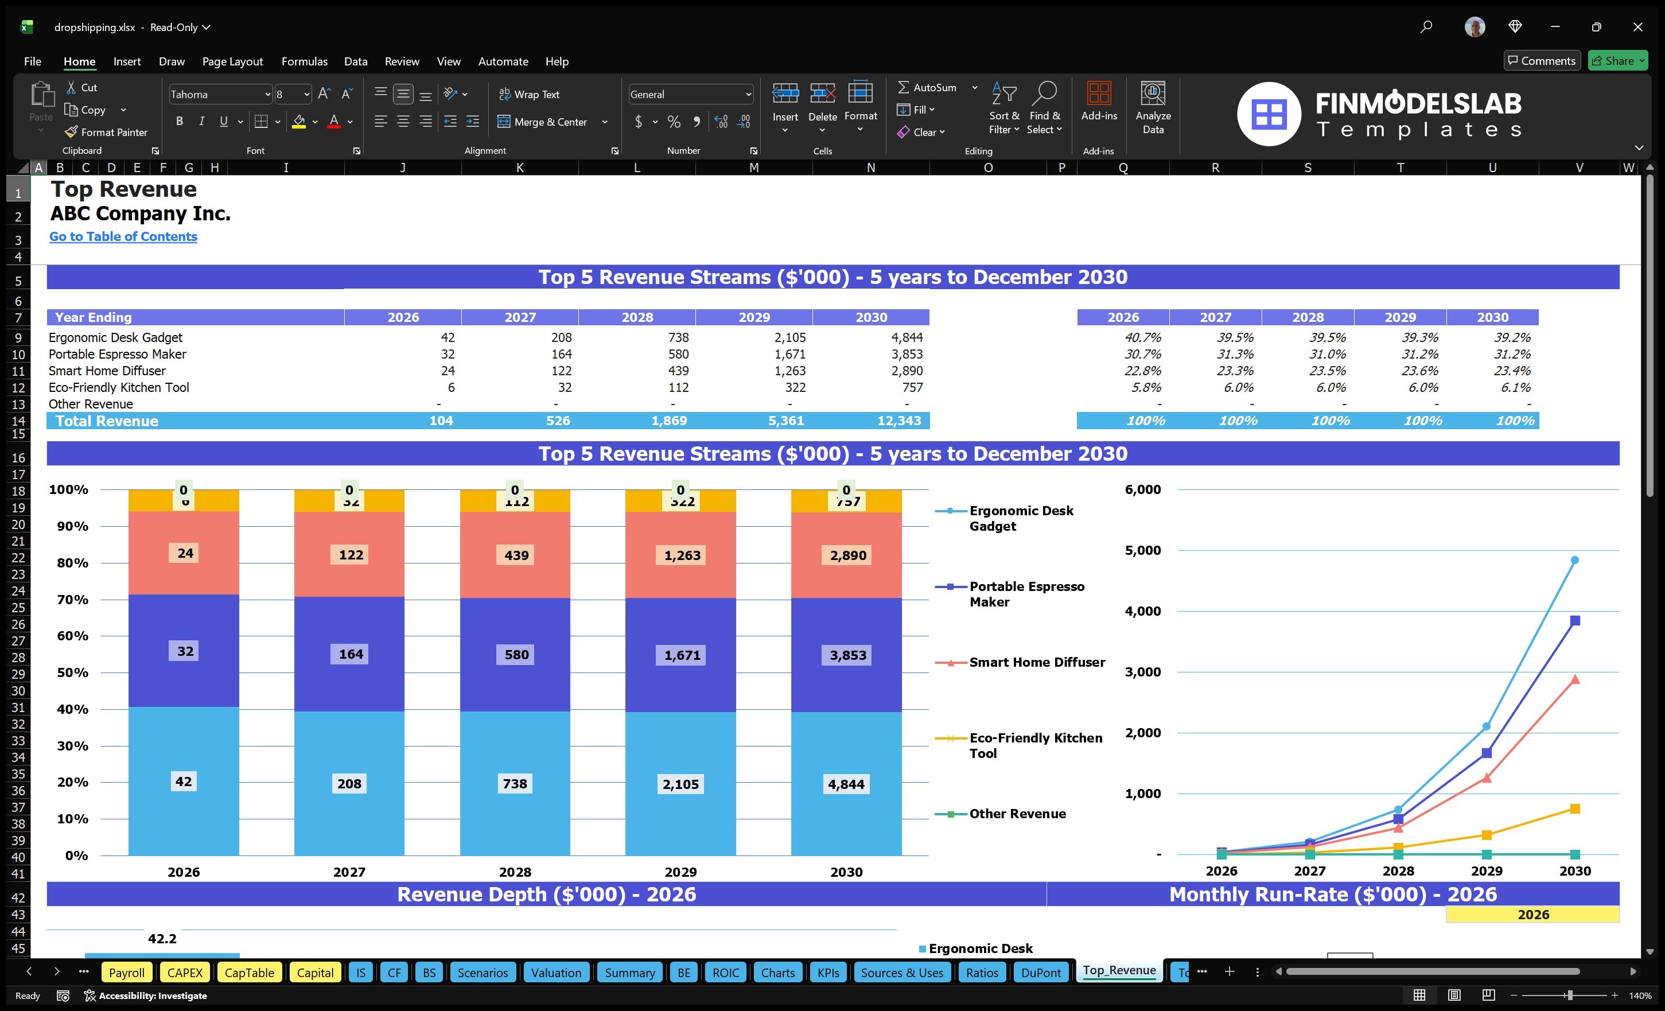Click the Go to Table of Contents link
click(x=123, y=236)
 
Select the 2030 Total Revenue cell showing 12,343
click(x=898, y=421)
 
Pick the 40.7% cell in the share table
click(x=1142, y=337)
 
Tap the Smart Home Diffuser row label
click(x=107, y=370)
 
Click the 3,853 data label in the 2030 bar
click(x=847, y=655)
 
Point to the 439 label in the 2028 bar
click(x=516, y=555)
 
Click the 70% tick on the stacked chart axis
click(x=72, y=600)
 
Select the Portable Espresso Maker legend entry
click(x=1026, y=594)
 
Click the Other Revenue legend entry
click(x=1017, y=814)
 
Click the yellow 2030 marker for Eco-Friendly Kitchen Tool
click(x=1574, y=809)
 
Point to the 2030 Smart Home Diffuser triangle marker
click(x=1574, y=680)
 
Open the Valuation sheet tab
click(x=555, y=973)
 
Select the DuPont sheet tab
click(x=1040, y=973)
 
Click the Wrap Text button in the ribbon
click(x=529, y=95)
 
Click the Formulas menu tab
click(x=304, y=61)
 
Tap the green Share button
click(x=1617, y=61)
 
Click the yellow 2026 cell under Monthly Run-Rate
click(x=1532, y=915)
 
